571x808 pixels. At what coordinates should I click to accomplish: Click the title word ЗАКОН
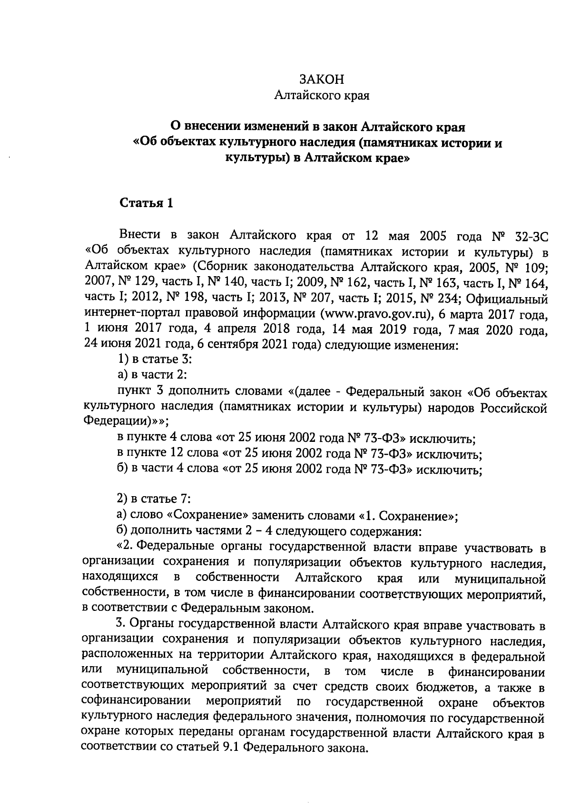coord(321,79)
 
